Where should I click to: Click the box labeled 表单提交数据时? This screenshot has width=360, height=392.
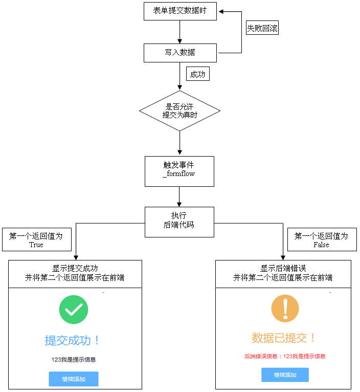[x=180, y=11]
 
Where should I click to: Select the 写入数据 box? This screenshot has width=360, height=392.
[x=180, y=53]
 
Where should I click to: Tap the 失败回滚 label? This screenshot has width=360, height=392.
[x=262, y=29]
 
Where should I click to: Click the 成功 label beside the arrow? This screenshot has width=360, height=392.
[x=197, y=74]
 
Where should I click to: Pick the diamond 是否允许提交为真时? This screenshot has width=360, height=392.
[x=180, y=111]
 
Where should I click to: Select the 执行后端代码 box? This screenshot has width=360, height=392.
[x=179, y=222]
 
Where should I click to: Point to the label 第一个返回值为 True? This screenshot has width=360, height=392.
[x=36, y=239]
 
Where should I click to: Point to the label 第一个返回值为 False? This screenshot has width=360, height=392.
[x=322, y=239]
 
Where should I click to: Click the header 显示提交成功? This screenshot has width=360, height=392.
[x=75, y=273]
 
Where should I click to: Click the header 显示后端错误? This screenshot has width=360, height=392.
[x=283, y=273]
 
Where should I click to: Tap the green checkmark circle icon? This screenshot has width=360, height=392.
[x=74, y=310]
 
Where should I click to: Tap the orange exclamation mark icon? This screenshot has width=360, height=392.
[x=285, y=308]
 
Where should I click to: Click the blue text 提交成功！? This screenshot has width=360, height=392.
[x=73, y=340]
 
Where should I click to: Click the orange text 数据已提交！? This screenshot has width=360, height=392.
[x=284, y=338]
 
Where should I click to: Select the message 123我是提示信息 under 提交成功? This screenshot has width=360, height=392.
[x=74, y=360]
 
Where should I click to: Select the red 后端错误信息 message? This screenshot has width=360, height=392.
[x=285, y=356]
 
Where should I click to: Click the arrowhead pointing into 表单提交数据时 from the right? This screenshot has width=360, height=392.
[x=220, y=11]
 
